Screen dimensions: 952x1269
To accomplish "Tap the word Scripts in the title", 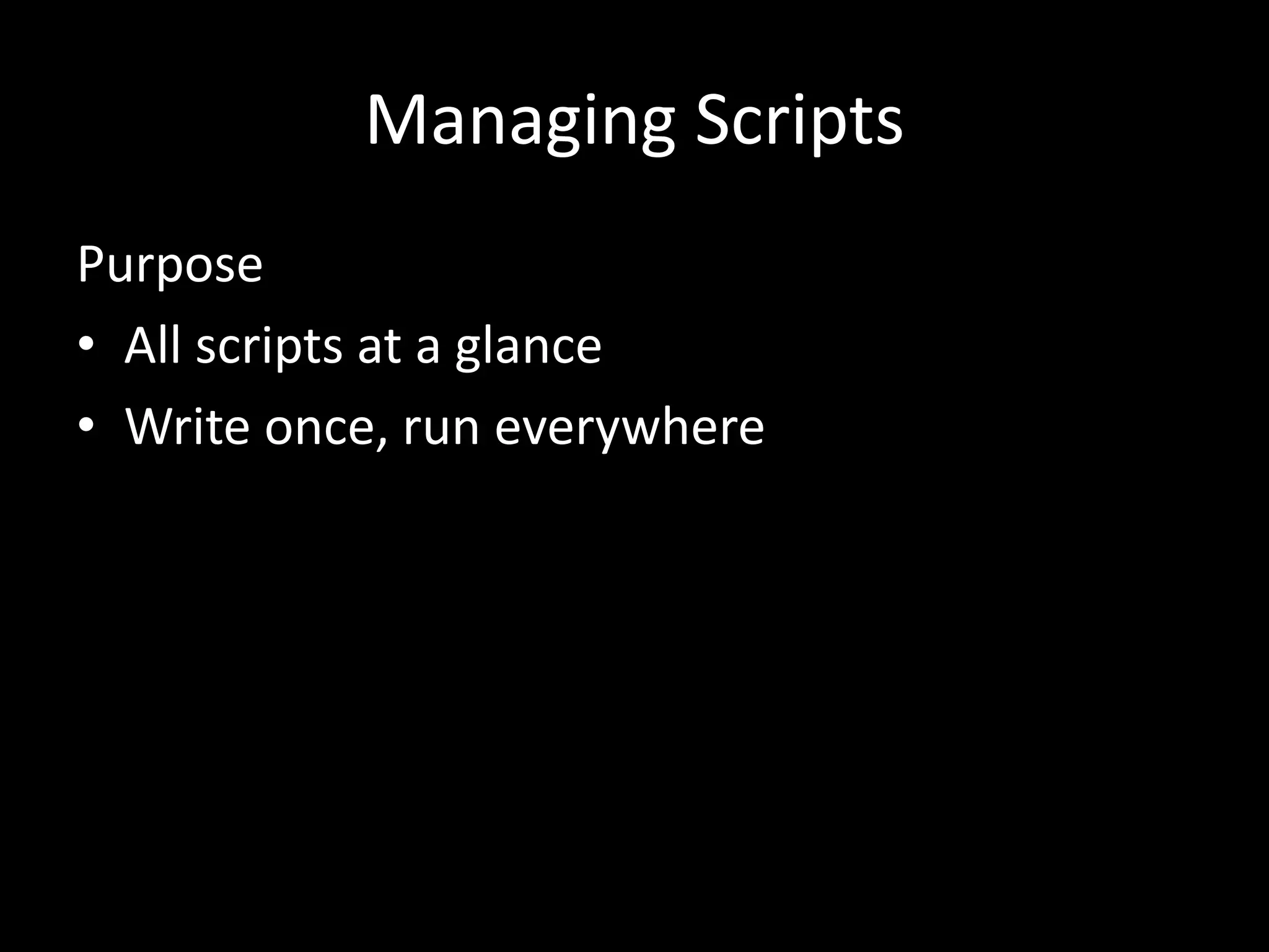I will [799, 121].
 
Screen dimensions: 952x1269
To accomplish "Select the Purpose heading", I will [170, 265].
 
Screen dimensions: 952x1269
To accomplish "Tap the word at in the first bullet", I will [379, 346].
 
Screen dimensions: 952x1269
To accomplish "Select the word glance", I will [528, 347].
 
